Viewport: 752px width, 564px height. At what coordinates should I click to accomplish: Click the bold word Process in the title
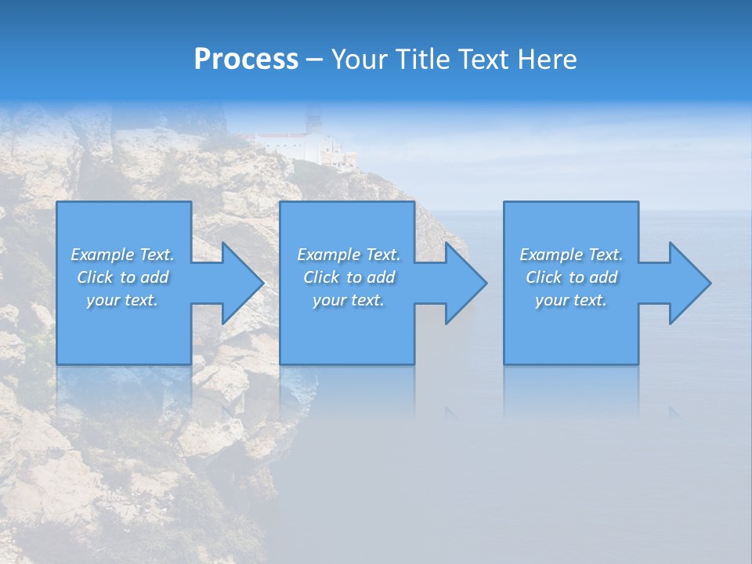[246, 60]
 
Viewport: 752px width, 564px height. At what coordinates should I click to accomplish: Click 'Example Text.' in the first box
[122, 255]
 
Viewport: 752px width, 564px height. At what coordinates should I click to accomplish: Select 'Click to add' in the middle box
[349, 277]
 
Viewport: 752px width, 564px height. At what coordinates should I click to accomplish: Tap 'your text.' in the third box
[571, 300]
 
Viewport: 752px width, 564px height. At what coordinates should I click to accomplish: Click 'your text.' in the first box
[122, 300]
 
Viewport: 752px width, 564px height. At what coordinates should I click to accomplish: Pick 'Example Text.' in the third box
[571, 255]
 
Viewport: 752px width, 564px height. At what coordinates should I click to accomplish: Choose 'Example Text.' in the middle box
[349, 255]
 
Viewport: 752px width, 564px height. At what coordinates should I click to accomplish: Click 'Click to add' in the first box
[122, 277]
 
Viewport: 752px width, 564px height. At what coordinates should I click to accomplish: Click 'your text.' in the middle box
[349, 300]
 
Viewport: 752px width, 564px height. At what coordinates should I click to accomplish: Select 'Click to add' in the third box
[571, 277]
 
